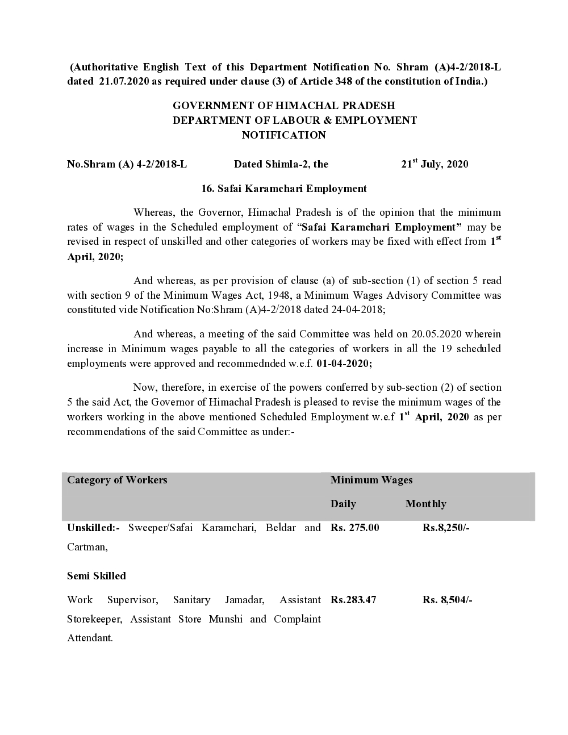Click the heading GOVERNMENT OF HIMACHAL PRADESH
(283, 106)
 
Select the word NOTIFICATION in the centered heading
(283, 135)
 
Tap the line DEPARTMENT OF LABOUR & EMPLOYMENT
(294, 120)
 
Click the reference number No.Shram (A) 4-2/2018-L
(127, 165)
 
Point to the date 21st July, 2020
(435, 164)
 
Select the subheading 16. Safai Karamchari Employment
(284, 189)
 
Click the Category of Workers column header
(117, 480)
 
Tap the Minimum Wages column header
(371, 480)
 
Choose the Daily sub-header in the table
(343, 504)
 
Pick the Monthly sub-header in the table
(425, 504)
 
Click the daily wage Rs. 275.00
(354, 528)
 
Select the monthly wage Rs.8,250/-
(446, 528)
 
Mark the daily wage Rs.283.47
(353, 600)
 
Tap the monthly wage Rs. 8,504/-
(447, 600)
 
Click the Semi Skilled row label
(97, 576)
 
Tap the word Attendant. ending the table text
(90, 638)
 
